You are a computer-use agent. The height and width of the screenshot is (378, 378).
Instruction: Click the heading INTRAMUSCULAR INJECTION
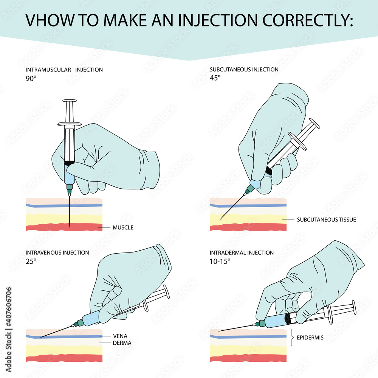tap(64, 70)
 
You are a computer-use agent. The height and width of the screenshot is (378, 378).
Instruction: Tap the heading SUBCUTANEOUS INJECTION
tap(244, 70)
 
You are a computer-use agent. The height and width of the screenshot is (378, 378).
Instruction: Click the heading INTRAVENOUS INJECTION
tap(57, 253)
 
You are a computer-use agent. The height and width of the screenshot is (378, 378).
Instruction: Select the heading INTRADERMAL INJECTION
tap(242, 253)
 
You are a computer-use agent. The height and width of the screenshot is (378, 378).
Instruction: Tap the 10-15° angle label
tap(220, 261)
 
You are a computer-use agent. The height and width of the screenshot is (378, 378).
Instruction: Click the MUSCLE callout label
tap(123, 228)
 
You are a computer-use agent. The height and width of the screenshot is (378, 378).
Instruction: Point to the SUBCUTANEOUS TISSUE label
tap(326, 219)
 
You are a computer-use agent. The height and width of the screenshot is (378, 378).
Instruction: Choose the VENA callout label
tap(121, 336)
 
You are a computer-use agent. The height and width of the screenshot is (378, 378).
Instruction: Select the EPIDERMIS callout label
tap(310, 338)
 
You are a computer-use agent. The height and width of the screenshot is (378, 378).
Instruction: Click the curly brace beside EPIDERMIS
tap(292, 338)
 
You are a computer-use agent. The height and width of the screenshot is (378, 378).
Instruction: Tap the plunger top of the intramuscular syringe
tap(69, 101)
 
